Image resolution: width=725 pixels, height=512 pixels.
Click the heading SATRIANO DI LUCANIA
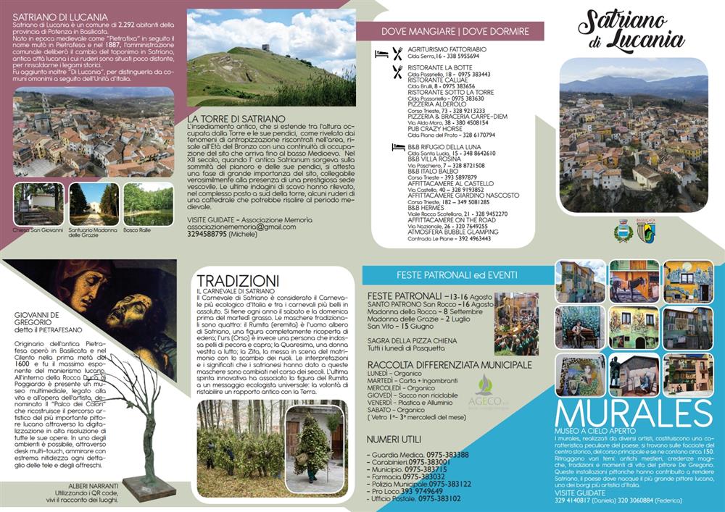click(60, 16)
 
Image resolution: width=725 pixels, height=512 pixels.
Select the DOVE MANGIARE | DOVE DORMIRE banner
click(450, 31)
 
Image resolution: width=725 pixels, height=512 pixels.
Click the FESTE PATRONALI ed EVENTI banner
click(457, 275)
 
